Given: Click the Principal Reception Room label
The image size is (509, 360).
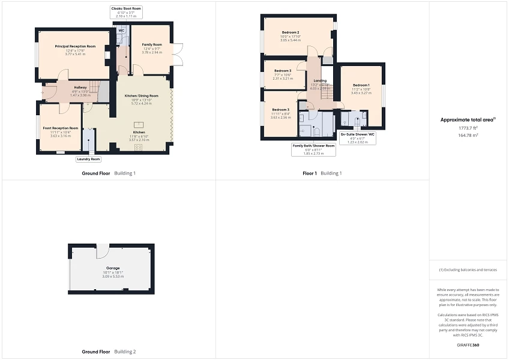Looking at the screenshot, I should click(76, 46).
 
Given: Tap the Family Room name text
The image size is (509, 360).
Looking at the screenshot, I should click(152, 45).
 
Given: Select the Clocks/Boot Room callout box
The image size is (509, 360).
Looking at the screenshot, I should click(126, 11).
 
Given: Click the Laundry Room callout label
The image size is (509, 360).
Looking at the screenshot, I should click(88, 159).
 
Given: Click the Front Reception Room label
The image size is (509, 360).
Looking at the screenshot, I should click(60, 128).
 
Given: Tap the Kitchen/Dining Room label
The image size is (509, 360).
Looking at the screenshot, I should click(141, 96).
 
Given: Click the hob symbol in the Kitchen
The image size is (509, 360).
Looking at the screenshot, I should click(139, 147).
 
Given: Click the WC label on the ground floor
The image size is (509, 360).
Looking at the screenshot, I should click(121, 30).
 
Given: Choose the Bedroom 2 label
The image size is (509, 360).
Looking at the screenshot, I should click(290, 32).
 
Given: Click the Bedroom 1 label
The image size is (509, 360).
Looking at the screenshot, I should click(361, 85).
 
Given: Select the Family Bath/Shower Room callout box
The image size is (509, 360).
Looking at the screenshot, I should click(314, 149).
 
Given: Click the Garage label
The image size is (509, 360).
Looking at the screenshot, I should click(113, 268).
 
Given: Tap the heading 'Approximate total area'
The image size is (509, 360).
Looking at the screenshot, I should click(467, 119).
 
